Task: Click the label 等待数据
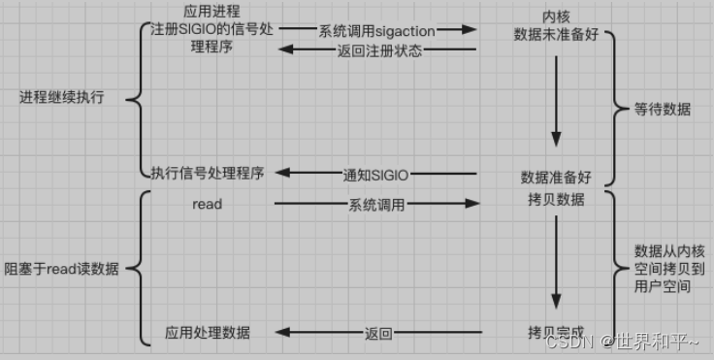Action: (664, 109)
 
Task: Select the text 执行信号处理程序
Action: (208, 173)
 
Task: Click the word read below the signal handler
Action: (208, 204)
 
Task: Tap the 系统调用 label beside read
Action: (376, 205)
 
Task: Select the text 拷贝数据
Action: (557, 199)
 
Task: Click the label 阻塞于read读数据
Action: (62, 269)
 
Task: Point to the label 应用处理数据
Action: (208, 332)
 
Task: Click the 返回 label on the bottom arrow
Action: (378, 334)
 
